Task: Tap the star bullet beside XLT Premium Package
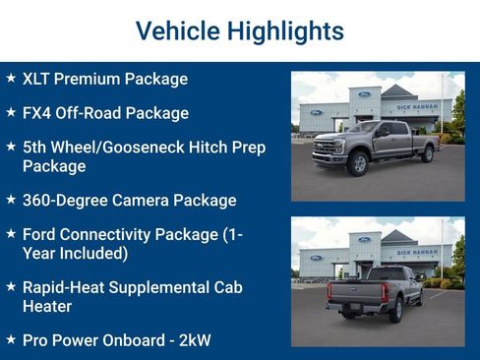click(10, 78)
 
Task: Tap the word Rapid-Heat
click(66, 287)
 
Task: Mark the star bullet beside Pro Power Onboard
click(10, 340)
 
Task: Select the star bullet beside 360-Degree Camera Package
click(10, 200)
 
